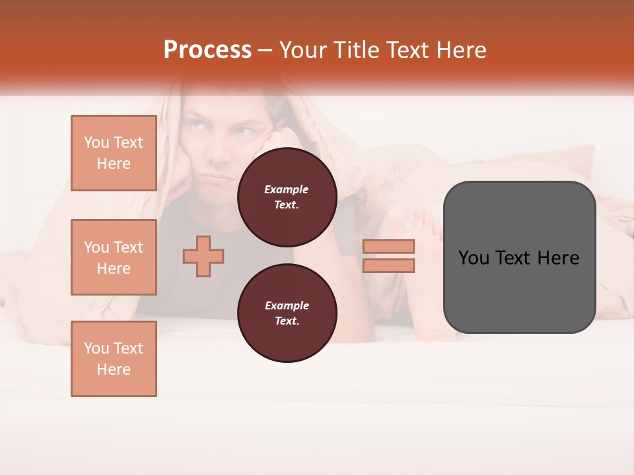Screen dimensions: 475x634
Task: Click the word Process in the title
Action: click(207, 50)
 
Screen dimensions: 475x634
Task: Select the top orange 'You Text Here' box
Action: click(114, 153)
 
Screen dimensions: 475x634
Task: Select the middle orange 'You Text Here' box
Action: click(114, 257)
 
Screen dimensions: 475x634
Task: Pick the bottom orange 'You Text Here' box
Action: click(114, 359)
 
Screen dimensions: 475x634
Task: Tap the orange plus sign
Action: click(203, 257)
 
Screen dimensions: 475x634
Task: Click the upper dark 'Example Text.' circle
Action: click(287, 197)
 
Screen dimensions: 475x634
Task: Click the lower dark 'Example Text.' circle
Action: click(287, 313)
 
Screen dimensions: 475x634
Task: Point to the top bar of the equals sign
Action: click(389, 247)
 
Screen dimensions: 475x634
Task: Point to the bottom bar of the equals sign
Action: click(389, 265)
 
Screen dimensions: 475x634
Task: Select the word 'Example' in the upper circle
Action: click(287, 190)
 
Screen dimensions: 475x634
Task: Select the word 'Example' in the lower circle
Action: click(287, 306)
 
